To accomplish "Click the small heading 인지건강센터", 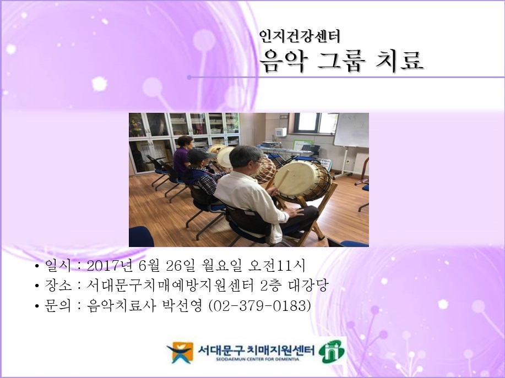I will tap(300, 36).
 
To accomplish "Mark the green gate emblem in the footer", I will tap(330, 352).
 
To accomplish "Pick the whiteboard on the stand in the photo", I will tap(351, 130).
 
